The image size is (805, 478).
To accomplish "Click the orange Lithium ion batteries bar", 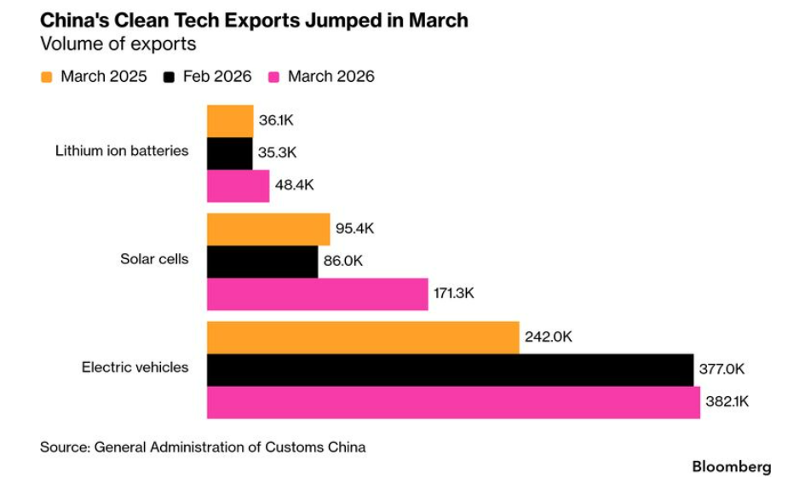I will (x=230, y=121).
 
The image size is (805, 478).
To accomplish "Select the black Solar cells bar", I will (x=262, y=262).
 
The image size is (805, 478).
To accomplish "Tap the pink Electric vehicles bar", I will (x=453, y=402).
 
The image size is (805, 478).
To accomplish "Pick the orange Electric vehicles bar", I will (x=363, y=337).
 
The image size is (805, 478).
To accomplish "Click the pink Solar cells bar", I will (x=317, y=294).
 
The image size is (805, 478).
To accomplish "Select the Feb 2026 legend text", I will (x=217, y=77).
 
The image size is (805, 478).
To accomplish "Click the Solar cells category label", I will (x=154, y=259).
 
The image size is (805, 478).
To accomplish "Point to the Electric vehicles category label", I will (x=135, y=368).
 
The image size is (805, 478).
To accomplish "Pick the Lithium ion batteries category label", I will (x=122, y=151).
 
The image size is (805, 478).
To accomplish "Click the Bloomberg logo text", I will (x=731, y=467).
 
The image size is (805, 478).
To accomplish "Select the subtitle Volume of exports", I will (x=118, y=44).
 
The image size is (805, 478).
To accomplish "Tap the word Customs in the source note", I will (x=292, y=446).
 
